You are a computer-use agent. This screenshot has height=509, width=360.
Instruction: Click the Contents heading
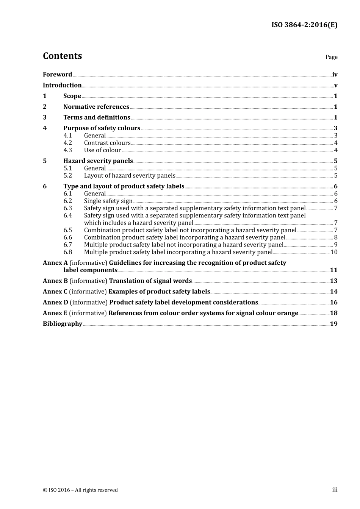pos(62,56)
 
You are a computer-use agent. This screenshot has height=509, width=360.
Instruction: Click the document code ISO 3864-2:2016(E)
pos(304,25)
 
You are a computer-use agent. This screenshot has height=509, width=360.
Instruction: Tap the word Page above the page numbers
pos(331,57)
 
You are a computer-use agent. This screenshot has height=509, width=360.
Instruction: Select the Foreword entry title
pos(57,75)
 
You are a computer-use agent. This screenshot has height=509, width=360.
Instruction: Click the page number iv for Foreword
pos(335,75)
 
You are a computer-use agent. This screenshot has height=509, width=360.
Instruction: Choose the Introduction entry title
pos(62,85)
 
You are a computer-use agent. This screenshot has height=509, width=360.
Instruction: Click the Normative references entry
pos(96,107)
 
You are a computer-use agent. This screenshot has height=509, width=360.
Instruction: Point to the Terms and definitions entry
pos(97,117)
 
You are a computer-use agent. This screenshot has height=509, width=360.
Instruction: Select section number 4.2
pos(67,143)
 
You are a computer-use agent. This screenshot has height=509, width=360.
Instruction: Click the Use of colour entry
pos(102,150)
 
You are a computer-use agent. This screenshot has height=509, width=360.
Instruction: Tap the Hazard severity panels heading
pos(98,161)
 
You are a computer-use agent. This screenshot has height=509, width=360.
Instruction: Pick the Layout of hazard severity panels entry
pos(130,175)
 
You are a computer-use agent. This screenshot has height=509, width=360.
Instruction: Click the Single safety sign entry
pos(108,201)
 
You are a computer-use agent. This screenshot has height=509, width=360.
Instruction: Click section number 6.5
pos(67,230)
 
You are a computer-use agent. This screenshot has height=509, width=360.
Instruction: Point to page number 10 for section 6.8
pos(334,252)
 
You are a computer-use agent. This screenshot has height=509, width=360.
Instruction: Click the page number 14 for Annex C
pos(333,292)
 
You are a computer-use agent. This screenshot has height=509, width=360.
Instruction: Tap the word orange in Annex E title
pos(287,313)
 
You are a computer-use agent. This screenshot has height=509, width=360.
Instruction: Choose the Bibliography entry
pos(63,324)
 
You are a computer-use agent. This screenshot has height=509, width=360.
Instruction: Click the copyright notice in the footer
pos(80,490)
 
